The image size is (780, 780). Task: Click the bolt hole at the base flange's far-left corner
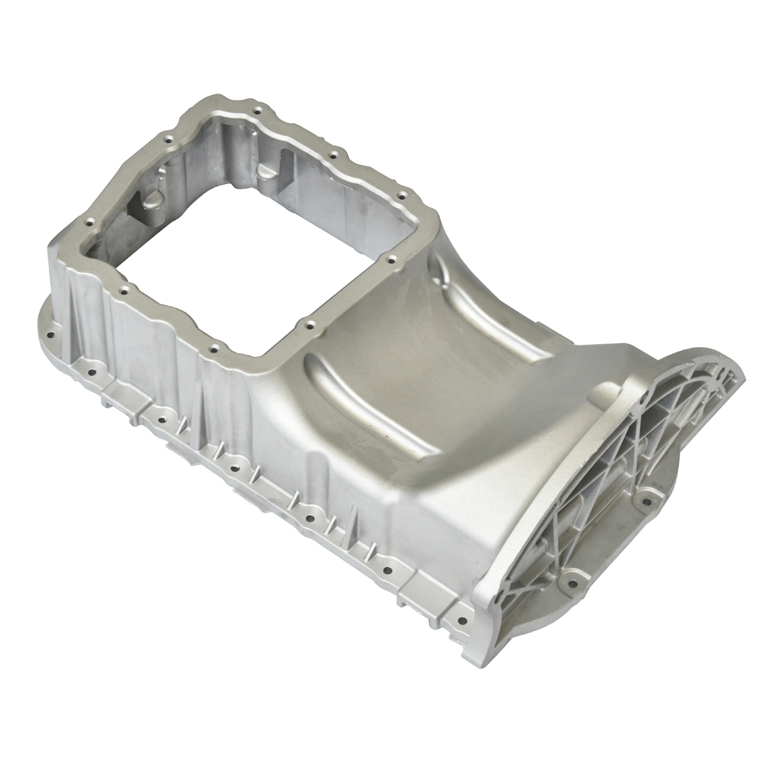[x=50, y=335]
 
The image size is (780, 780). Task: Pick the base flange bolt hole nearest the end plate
[x=461, y=621]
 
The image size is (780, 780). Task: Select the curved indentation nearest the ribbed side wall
[x=367, y=406]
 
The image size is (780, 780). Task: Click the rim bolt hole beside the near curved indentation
[x=310, y=324]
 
